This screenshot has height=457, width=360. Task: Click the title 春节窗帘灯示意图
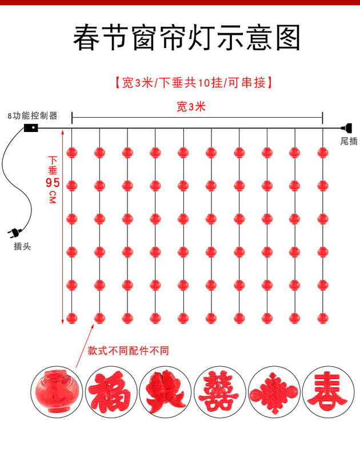(186, 38)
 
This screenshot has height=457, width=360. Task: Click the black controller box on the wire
(31, 128)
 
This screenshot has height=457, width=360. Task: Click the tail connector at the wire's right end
(344, 128)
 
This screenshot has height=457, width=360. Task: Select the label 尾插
(349, 141)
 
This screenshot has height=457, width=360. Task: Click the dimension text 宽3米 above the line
(191, 106)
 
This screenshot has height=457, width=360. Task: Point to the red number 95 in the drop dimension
(53, 183)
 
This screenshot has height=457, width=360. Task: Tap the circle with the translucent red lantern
(55, 391)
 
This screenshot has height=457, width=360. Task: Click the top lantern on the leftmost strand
(71, 153)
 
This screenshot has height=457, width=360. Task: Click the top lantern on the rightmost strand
(323, 153)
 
